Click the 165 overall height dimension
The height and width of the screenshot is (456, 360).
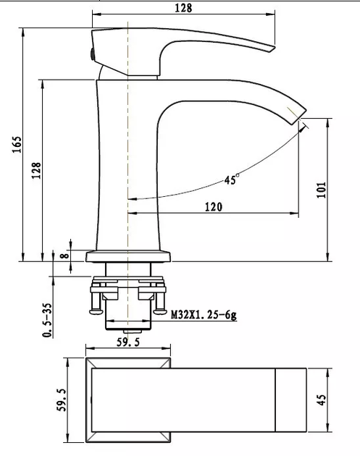[x=17, y=144]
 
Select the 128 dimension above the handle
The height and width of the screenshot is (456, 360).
[x=183, y=8]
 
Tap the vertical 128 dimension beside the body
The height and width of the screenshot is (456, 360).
[x=37, y=170]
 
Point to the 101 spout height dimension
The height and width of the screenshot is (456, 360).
[x=322, y=190]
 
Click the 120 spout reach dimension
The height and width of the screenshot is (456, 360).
[x=214, y=207]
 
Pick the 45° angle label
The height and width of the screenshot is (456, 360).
[x=232, y=180]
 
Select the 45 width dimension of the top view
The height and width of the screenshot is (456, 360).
[x=321, y=400]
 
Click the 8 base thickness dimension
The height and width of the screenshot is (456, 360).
[x=64, y=256]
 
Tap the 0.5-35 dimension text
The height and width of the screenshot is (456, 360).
[x=47, y=320]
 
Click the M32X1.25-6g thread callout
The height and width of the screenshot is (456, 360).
[x=204, y=315]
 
